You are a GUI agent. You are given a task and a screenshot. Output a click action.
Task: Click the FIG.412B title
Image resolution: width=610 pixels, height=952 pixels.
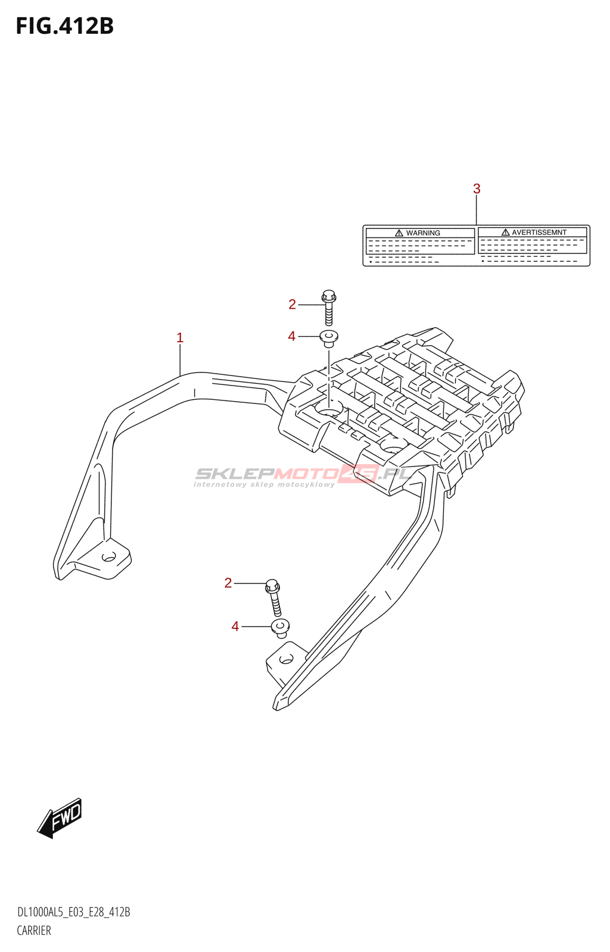point(65,26)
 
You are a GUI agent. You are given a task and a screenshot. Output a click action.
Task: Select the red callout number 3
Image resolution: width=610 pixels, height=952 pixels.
point(477,189)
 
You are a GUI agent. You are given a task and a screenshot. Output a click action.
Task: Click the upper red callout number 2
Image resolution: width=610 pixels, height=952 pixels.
point(292,304)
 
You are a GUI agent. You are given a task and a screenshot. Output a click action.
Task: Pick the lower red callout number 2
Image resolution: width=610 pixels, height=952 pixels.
point(228,583)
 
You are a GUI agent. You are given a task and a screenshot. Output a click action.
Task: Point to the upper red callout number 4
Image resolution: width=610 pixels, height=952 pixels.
point(291,336)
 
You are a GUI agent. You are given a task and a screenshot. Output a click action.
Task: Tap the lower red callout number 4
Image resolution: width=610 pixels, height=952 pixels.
point(235,627)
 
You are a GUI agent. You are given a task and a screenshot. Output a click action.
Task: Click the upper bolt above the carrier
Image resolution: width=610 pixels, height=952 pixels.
point(329,307)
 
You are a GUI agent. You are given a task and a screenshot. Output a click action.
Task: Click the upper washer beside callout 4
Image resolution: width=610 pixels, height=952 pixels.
point(329,339)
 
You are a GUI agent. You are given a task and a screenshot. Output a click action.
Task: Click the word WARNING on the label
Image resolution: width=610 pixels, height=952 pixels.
point(423,233)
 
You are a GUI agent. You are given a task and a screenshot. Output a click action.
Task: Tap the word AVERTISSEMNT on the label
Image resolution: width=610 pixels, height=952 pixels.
point(539,233)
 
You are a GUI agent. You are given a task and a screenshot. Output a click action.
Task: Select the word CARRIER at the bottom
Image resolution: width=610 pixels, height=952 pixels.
point(34,931)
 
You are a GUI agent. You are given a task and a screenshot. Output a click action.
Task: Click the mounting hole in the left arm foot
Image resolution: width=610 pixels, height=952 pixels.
point(109,556)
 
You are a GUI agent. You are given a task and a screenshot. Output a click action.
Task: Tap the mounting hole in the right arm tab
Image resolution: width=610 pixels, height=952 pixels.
point(287,660)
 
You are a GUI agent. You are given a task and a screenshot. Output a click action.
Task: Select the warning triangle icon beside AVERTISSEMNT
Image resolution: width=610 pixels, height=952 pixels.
point(505,233)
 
